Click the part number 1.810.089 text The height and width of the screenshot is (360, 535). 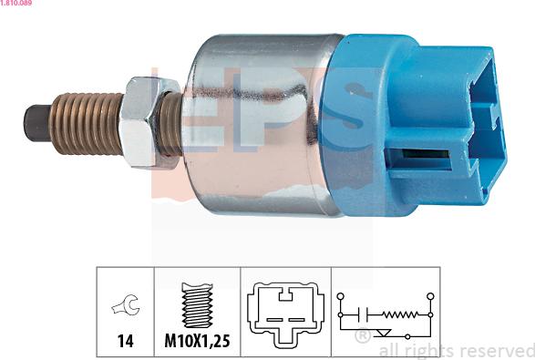[x=16, y=3]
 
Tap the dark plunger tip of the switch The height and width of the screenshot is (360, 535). [x=36, y=123]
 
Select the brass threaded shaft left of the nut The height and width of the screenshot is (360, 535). [x=86, y=124]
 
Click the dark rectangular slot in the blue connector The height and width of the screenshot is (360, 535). [x=426, y=154]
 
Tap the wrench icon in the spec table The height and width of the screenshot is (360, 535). [x=126, y=304]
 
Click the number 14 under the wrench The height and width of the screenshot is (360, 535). [x=125, y=341]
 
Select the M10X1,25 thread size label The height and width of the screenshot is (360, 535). [x=197, y=341]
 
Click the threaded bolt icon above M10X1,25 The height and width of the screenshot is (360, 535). [x=197, y=305]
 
